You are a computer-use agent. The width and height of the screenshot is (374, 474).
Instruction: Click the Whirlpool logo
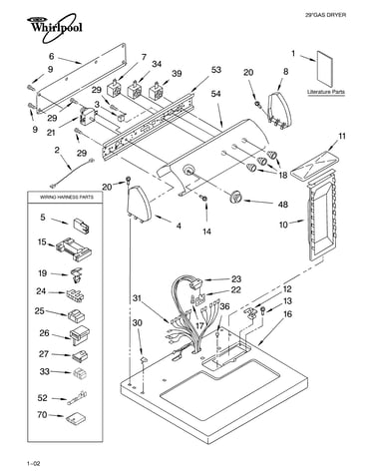pyautogui.click(x=55, y=27)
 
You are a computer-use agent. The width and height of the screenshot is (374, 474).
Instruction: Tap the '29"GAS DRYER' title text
pyautogui.click(x=325, y=15)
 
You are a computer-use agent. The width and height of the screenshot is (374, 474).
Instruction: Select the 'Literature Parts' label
pyautogui.click(x=326, y=92)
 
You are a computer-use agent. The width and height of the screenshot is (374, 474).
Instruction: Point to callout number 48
pyautogui.click(x=283, y=204)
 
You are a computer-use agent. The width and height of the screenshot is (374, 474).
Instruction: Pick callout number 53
pyautogui.click(x=216, y=70)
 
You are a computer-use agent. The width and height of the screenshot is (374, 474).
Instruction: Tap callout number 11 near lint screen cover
pyautogui.click(x=342, y=136)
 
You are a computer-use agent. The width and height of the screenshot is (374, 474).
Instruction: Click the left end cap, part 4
pyautogui.click(x=139, y=205)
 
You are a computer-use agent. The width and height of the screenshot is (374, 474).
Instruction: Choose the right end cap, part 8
pyautogui.click(x=279, y=109)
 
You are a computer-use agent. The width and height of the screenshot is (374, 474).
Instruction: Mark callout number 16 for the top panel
pyautogui.click(x=288, y=313)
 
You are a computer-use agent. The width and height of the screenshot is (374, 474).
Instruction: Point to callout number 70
pyautogui.click(x=42, y=415)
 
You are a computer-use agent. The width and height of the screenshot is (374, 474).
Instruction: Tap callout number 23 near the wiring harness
pyautogui.click(x=236, y=278)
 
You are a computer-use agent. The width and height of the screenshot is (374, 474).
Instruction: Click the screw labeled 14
pyautogui.click(x=203, y=199)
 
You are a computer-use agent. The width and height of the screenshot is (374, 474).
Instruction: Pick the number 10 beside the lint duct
pyautogui.click(x=283, y=225)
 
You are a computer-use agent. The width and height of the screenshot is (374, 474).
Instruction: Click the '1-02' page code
pyautogui.click(x=34, y=463)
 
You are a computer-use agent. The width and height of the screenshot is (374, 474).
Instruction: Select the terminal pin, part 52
pyautogui.click(x=78, y=398)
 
